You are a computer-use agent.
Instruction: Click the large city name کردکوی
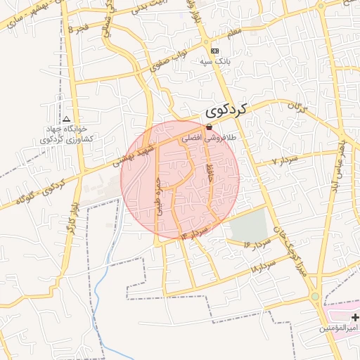(228, 110)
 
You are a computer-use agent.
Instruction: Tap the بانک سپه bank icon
(214, 51)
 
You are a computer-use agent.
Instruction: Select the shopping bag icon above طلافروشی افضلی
(209, 127)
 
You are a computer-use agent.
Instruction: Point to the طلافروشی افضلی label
(210, 139)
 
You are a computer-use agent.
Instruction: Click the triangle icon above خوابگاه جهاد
(67, 120)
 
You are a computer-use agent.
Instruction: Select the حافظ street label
(210, 168)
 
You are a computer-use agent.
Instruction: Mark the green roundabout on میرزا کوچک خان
(314, 298)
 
